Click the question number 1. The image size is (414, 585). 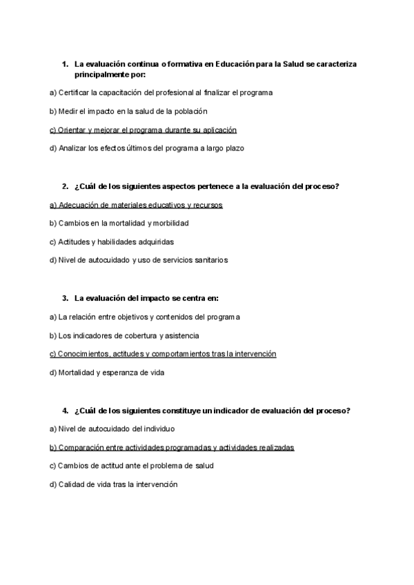click(x=64, y=64)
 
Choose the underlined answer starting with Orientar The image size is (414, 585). click(x=143, y=129)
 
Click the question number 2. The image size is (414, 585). click(x=64, y=186)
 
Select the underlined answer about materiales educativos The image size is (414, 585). click(x=136, y=205)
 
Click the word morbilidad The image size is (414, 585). click(x=169, y=223)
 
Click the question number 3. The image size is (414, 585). click(x=64, y=298)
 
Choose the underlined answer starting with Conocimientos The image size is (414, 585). click(x=163, y=354)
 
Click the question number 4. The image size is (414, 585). click(x=64, y=410)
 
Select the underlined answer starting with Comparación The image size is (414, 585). click(x=172, y=447)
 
